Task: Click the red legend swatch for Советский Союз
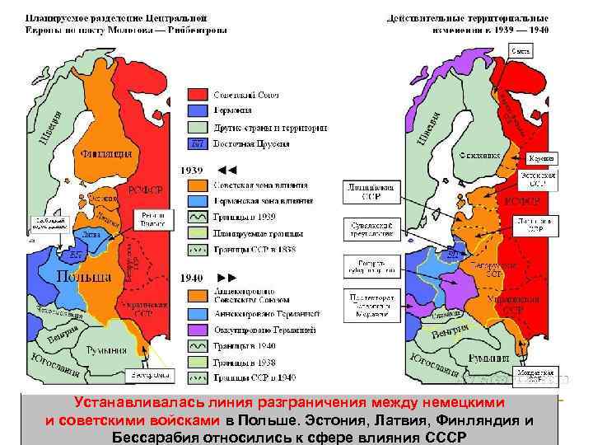(197, 95)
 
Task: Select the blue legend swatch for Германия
(197, 111)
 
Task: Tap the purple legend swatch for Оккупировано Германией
(197, 330)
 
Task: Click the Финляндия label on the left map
(106, 153)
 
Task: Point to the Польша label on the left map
(86, 275)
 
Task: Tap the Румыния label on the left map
(123, 337)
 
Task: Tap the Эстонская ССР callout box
(537, 179)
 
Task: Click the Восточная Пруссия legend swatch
(197, 143)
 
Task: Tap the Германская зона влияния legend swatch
(197, 199)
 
